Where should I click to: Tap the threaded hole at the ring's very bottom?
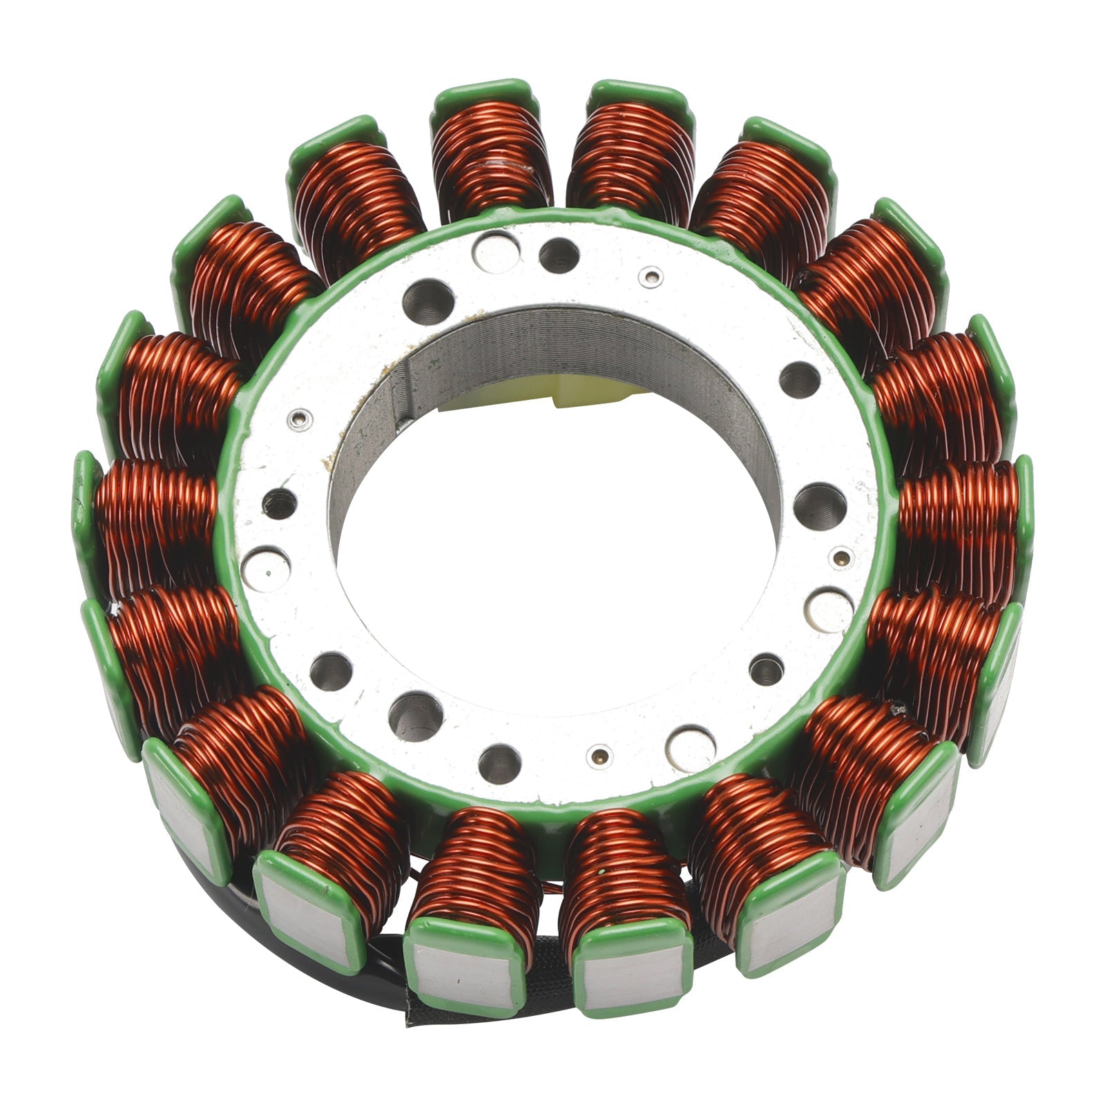[x=500, y=764]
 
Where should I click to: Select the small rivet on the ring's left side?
[x=300, y=417]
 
